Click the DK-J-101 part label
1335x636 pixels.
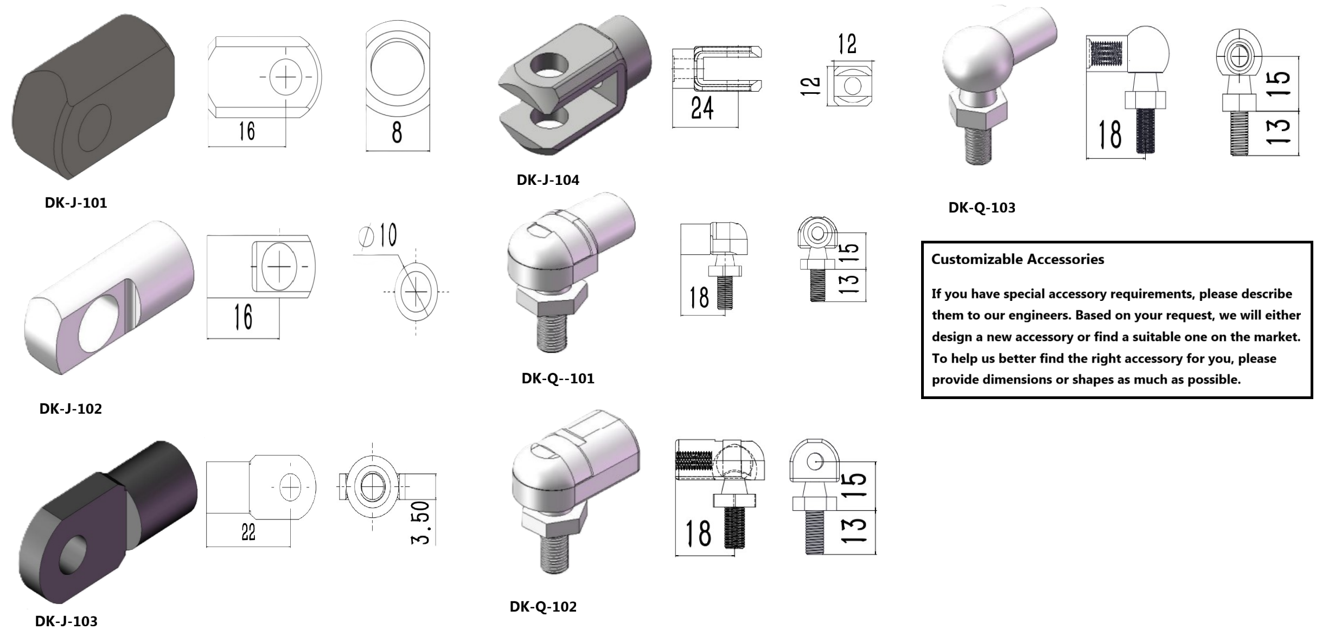75,203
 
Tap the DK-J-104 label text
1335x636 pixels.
547,180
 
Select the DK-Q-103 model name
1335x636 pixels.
981,208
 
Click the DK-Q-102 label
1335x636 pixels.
542,607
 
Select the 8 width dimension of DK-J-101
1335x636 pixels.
397,132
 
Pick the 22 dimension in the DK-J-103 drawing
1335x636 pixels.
248,532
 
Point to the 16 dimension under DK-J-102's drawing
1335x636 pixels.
243,317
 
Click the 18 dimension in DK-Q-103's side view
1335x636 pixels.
1109,135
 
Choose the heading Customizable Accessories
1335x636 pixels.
1017,259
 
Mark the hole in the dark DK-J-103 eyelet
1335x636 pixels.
73,554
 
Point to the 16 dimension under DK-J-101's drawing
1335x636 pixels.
246,131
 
